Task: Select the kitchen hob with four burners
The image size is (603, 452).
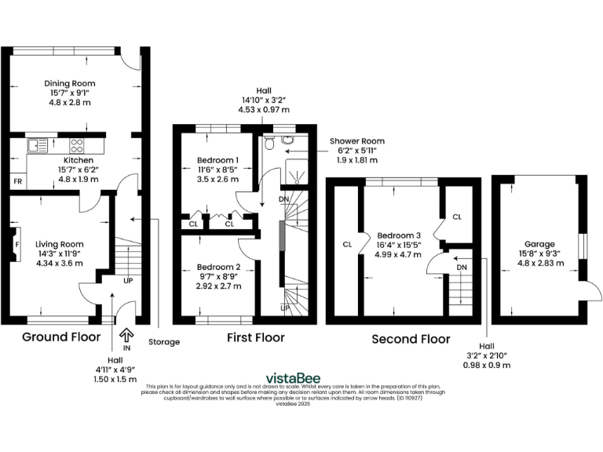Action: [x=78, y=145]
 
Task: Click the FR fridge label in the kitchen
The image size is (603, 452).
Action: [x=16, y=182]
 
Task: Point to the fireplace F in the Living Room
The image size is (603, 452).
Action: [x=16, y=243]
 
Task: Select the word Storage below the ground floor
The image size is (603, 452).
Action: [x=164, y=341]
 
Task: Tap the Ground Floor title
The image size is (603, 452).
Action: [x=60, y=337]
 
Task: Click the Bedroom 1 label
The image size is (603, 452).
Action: [x=217, y=160]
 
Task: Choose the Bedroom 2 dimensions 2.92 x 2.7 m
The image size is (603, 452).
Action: [x=219, y=287]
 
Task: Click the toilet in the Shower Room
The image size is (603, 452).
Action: [x=269, y=142]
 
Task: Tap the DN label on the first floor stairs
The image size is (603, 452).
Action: [x=284, y=199]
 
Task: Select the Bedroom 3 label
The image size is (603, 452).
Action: [x=399, y=235]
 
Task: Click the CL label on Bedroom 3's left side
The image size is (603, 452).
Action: [x=346, y=244]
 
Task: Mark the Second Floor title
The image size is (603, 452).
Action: [x=411, y=339]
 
